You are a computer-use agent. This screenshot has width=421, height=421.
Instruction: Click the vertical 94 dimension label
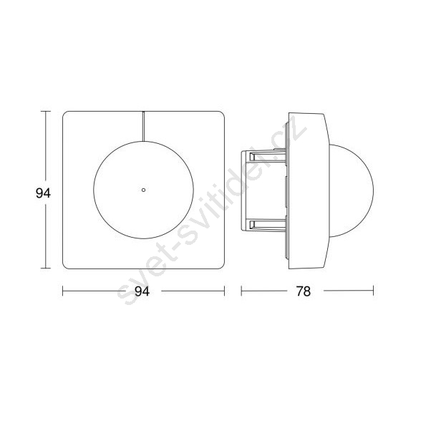pos(43,193)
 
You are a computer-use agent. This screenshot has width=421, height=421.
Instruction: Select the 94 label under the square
pos(142,291)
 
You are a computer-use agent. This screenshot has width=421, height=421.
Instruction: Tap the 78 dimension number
pos(304,291)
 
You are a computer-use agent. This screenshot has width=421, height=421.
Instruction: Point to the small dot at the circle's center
pos(143,190)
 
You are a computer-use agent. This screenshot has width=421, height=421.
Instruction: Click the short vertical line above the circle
pos(144,126)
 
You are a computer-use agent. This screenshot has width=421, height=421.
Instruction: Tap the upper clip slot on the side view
pos(265,157)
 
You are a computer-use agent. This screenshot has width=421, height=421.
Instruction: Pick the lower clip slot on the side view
pos(265,225)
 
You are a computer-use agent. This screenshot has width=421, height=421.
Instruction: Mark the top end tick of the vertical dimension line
pos(47,112)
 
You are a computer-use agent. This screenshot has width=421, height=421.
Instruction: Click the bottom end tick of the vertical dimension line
pos(47,268)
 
